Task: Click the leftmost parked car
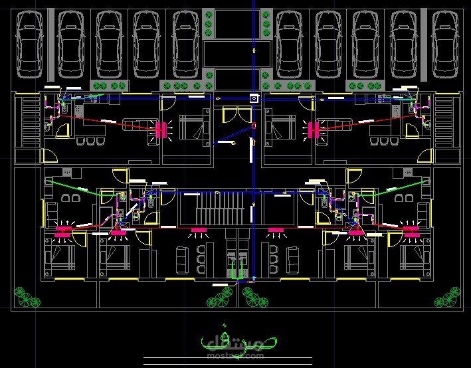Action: pos(30,43)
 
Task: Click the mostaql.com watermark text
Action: pos(239,355)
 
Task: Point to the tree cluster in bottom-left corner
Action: pos(25,297)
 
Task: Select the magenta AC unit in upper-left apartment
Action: pos(160,130)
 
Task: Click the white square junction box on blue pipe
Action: pos(253,98)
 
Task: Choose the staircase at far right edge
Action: pos(444,121)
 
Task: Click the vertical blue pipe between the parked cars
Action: pos(253,40)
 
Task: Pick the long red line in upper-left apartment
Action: pos(106,122)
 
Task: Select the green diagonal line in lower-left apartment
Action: pos(73,187)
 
